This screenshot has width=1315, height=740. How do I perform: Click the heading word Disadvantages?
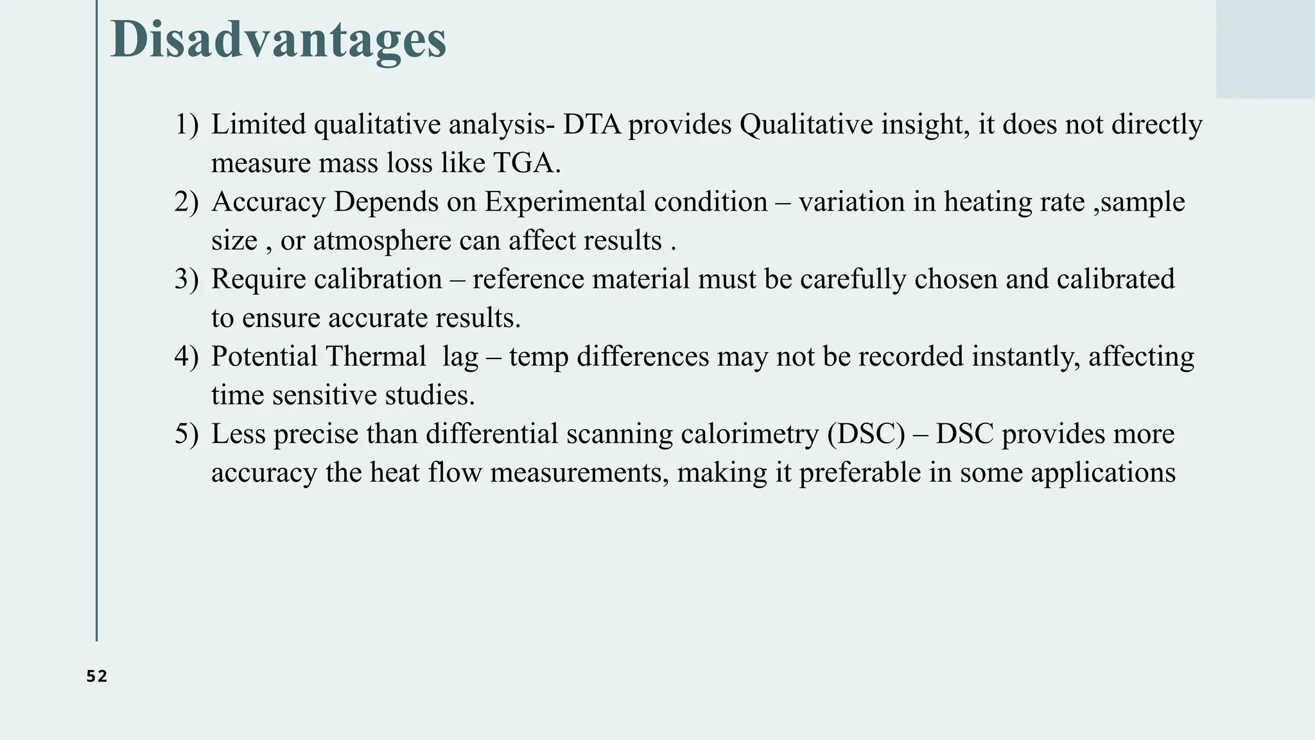tap(278, 40)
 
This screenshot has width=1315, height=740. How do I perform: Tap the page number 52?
tap(97, 676)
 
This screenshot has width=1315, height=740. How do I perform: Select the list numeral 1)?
tap(187, 124)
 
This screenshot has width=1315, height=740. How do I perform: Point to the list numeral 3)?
tap(187, 279)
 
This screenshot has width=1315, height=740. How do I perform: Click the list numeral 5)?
tap(187, 434)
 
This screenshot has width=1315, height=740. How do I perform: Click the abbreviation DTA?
tap(592, 124)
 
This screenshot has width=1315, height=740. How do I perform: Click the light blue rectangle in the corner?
tap(1265, 49)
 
